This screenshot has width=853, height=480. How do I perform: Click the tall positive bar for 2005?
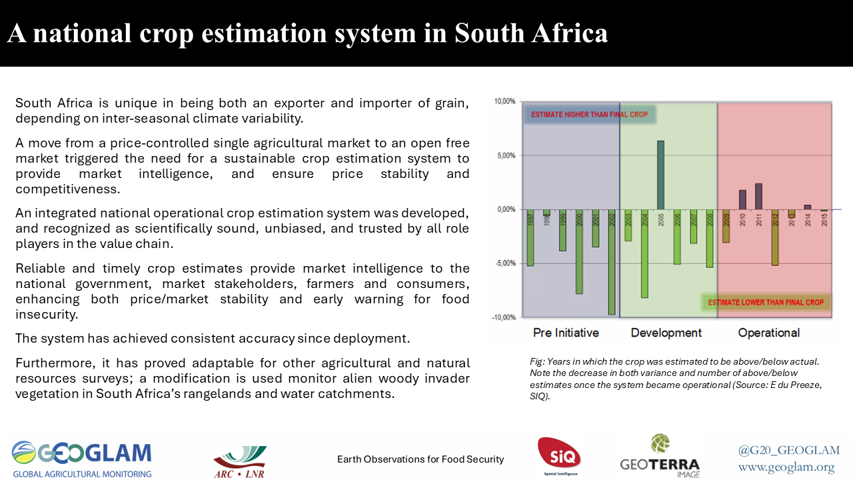point(660,175)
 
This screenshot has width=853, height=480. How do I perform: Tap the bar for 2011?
point(758,196)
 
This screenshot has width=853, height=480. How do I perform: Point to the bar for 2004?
point(644,253)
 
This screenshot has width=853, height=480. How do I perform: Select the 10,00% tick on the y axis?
point(504,101)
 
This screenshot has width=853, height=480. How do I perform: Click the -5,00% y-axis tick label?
point(504,263)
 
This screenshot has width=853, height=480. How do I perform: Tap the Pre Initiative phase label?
point(566,333)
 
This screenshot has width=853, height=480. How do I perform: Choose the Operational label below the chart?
point(768,333)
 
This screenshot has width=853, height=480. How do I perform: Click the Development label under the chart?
point(666,333)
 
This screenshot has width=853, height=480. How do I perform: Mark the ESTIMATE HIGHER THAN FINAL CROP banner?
point(589,115)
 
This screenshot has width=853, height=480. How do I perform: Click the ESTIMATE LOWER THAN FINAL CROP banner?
point(766,302)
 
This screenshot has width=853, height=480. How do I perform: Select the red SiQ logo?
point(558,457)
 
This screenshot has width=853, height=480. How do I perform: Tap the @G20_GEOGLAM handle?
point(789,450)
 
